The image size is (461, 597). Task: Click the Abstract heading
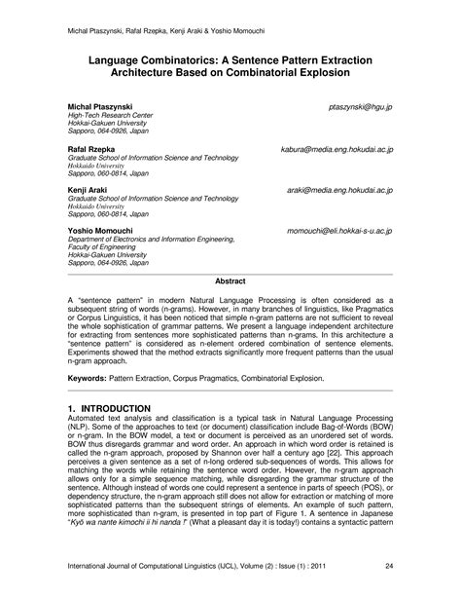[x=230, y=280]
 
